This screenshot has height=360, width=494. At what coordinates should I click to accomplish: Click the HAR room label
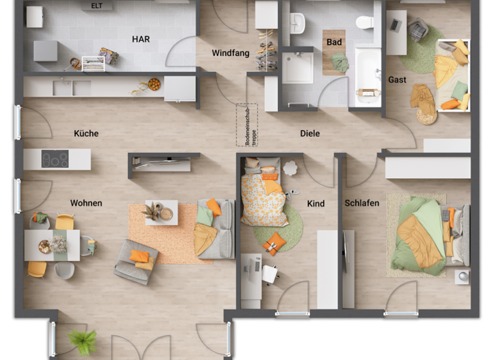click(141, 39)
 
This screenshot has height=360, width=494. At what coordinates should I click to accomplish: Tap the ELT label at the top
click(96, 6)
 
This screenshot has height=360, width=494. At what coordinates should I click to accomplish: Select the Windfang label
click(230, 53)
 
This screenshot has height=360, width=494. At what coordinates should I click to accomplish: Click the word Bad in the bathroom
click(334, 42)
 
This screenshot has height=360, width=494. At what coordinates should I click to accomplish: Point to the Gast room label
click(397, 80)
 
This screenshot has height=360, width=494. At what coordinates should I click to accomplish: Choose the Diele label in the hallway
click(309, 134)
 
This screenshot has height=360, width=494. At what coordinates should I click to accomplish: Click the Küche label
click(86, 134)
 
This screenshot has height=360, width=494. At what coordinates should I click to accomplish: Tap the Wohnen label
click(86, 203)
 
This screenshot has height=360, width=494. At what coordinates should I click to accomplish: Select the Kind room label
click(316, 204)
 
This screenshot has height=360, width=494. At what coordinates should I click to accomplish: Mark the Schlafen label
click(361, 203)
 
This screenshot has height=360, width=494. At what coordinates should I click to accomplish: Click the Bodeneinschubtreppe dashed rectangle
click(246, 125)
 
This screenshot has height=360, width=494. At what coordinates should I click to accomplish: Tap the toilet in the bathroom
click(365, 22)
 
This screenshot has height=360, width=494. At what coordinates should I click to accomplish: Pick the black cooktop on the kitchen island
click(55, 158)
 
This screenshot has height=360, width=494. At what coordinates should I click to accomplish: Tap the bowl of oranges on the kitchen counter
click(154, 84)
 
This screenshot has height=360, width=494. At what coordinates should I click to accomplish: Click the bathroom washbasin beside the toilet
click(297, 24)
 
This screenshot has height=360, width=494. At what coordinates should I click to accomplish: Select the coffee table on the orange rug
click(161, 212)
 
